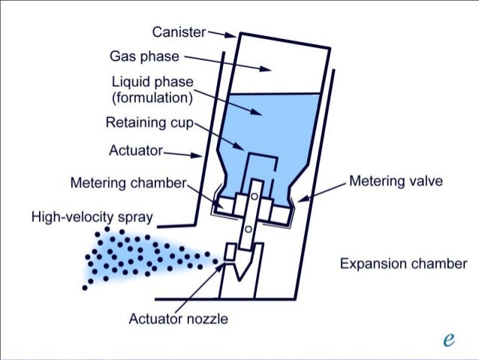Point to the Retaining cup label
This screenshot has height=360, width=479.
(x=149, y=123)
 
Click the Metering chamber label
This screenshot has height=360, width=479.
(x=127, y=183)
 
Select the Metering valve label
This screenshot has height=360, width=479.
(x=396, y=181)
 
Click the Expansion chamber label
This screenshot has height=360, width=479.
(x=402, y=264)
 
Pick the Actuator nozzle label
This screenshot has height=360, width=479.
(x=178, y=319)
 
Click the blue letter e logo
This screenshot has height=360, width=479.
(x=449, y=339)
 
